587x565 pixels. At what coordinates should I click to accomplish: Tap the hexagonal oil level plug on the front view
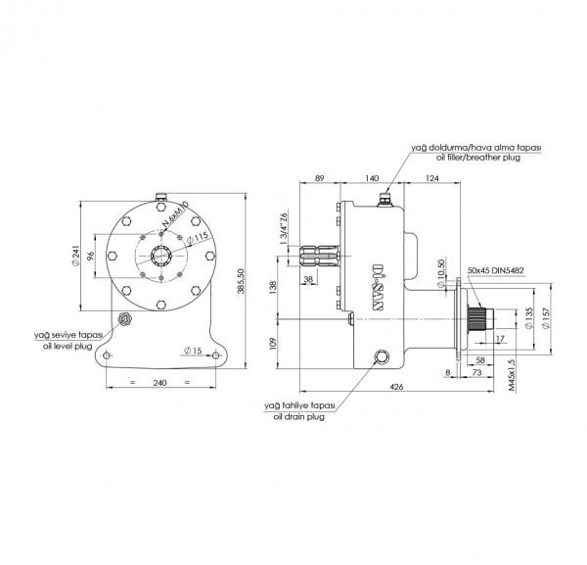(124, 320)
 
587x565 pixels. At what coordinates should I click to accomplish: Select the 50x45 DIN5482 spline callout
(495, 268)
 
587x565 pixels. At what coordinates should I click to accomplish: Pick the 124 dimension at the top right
(438, 177)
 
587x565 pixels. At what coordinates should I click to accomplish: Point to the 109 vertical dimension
(274, 342)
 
